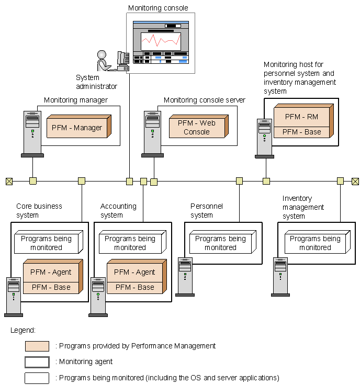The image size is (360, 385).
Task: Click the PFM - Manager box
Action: click(x=77, y=128)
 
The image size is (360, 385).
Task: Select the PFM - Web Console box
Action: click(x=196, y=128)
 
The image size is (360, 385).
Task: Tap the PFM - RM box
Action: click(x=301, y=117)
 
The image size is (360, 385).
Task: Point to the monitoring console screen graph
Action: click(x=160, y=40)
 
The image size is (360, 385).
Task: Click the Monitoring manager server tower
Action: click(x=32, y=133)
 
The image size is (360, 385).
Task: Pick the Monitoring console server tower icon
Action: click(x=153, y=133)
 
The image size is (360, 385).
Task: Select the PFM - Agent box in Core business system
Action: click(x=51, y=272)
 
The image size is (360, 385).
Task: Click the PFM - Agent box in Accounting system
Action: click(x=134, y=272)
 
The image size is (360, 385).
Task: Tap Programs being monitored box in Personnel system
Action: click(x=220, y=243)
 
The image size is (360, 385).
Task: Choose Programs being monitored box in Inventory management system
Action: click(x=315, y=243)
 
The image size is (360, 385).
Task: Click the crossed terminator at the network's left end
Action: click(x=9, y=181)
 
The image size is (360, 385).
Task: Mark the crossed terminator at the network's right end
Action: click(x=355, y=181)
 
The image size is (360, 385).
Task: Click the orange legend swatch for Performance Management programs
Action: click(x=37, y=346)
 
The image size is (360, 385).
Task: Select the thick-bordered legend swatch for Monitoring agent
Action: click(x=37, y=361)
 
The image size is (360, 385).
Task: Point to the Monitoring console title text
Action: click(x=158, y=8)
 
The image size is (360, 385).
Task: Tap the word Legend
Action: click(x=22, y=330)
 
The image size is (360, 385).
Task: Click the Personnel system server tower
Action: click(x=185, y=276)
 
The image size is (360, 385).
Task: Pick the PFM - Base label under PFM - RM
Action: click(x=301, y=132)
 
